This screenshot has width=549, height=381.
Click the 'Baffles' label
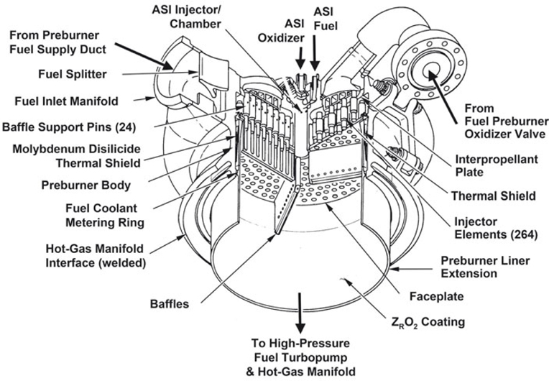(171, 304)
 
